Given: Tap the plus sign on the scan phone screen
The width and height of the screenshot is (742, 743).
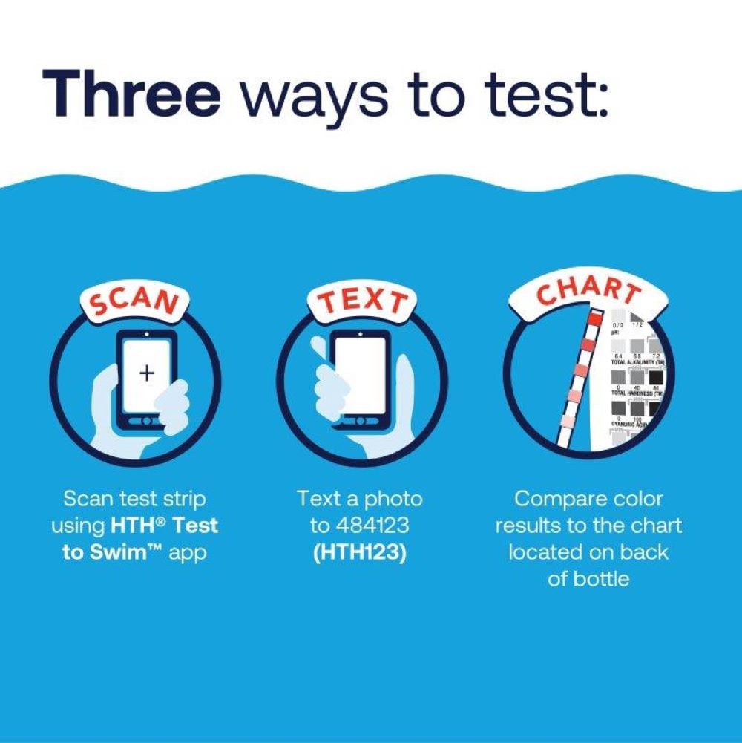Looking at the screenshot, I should point(147,373).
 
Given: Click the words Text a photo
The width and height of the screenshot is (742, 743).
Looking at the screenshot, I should point(359,498).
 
